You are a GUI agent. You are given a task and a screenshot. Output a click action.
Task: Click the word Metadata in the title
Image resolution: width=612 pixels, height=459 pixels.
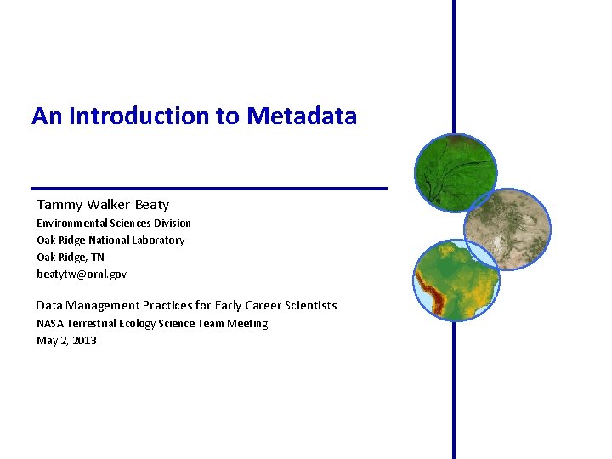coord(302,116)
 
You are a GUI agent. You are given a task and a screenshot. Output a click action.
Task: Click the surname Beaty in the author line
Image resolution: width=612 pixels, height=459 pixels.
coord(151,205)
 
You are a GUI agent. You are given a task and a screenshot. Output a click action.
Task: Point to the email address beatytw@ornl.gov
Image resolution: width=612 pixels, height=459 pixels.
coord(82,274)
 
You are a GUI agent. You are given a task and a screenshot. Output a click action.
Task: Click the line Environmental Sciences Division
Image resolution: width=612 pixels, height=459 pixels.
coord(113,223)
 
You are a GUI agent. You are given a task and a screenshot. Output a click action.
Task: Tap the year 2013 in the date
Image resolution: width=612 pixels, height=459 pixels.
coord(84,341)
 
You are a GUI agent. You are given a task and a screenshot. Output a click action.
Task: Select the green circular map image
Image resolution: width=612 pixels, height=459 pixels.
coord(455,173)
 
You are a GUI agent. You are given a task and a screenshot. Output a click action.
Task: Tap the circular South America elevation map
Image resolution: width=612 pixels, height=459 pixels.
coord(456,280)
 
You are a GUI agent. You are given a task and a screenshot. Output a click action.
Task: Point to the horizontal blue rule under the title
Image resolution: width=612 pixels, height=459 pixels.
coord(208,188)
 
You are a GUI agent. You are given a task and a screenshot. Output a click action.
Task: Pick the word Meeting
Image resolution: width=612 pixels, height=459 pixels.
coord(247,324)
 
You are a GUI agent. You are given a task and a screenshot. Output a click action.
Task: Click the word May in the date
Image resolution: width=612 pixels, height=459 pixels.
coord(47,341)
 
